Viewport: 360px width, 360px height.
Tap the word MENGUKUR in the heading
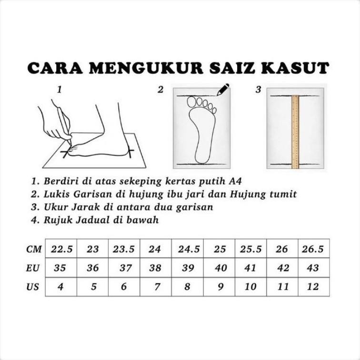pyautogui.click(x=146, y=68)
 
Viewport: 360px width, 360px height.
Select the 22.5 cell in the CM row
pyautogui.click(x=61, y=249)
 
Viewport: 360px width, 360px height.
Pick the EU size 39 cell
pyautogui.click(x=188, y=268)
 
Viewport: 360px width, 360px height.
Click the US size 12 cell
pyautogui.click(x=314, y=287)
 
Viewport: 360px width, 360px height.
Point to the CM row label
pyautogui.click(x=34, y=249)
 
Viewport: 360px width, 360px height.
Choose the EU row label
pyautogui.click(x=33, y=268)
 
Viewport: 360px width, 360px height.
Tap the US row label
pyautogui.click(x=32, y=287)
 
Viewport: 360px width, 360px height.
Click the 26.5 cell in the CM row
pyautogui.click(x=314, y=249)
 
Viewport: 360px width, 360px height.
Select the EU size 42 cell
pyautogui.click(x=282, y=268)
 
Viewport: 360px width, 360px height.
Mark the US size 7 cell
pyautogui.click(x=156, y=287)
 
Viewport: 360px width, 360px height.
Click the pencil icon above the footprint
pyautogui.click(x=223, y=90)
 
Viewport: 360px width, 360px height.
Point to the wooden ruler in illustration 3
pyautogui.click(x=295, y=132)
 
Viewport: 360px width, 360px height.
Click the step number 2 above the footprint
pyautogui.click(x=160, y=90)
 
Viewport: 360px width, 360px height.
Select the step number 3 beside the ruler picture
pyautogui.click(x=258, y=90)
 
